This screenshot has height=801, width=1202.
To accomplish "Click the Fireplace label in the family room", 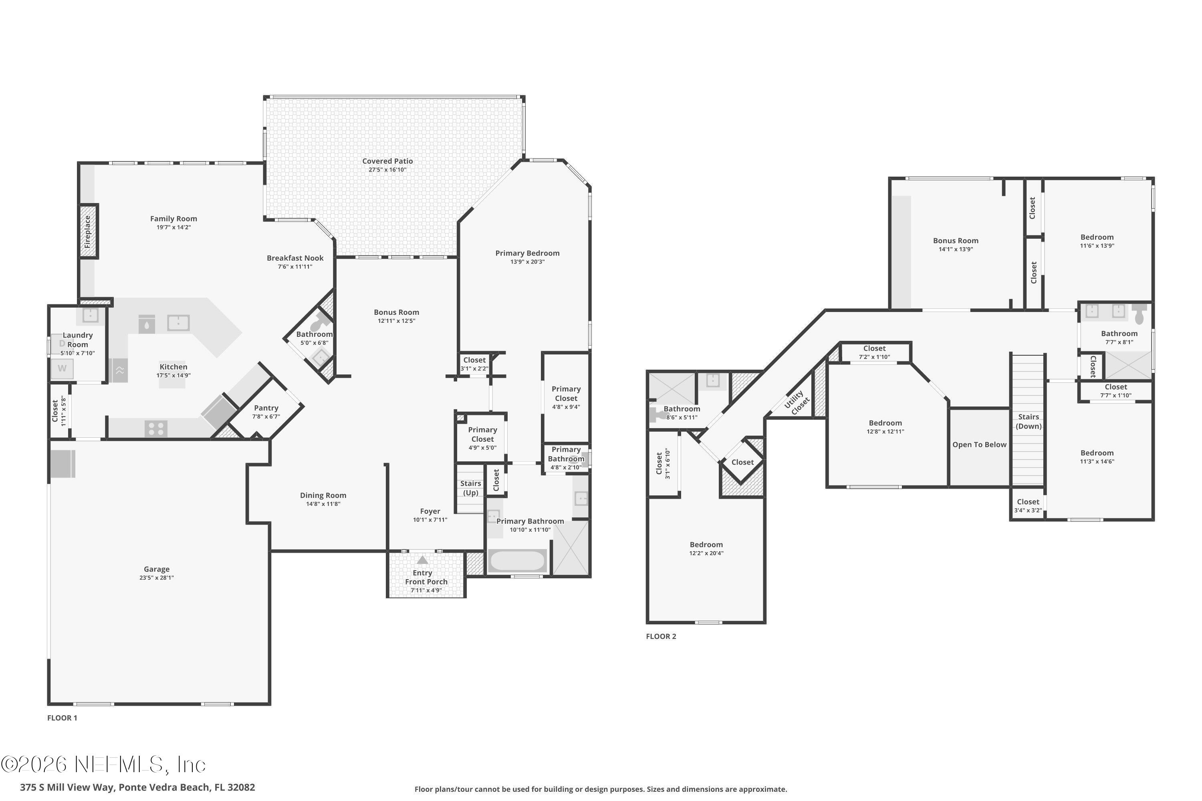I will point(87,231).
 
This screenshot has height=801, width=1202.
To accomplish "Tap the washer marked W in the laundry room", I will point(62,368).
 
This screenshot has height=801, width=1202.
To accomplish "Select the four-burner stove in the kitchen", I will point(156,429).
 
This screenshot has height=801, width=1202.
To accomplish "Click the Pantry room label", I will point(266,408).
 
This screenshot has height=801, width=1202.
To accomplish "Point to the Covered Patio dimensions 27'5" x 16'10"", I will point(387,169).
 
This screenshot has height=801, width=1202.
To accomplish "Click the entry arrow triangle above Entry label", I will point(422,560).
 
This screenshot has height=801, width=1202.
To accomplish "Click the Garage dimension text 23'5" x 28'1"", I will point(156,578).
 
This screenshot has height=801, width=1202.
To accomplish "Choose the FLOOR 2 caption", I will point(661,636).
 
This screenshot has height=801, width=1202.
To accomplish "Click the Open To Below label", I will point(979,445).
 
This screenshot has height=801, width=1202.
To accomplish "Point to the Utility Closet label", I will point(797,402).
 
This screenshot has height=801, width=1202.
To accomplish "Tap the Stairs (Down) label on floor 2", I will point(1028,421).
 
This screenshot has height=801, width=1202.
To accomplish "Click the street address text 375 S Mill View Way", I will point(137,787).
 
